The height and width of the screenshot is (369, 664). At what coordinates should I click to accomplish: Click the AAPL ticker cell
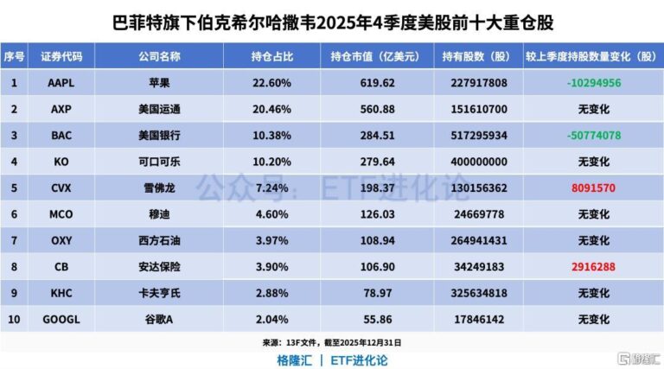(x=61, y=83)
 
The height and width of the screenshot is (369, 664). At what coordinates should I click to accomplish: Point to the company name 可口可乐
(x=159, y=162)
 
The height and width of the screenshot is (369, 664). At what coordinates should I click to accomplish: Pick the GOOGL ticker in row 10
(x=61, y=320)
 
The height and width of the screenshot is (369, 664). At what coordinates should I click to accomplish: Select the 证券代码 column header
(x=61, y=57)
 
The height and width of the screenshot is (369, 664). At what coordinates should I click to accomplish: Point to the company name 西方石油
(x=159, y=241)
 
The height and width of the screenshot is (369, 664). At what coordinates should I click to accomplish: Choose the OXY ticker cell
(x=61, y=241)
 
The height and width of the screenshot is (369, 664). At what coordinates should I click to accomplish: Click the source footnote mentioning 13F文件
(x=331, y=342)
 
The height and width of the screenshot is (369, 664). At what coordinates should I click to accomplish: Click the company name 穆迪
(x=159, y=214)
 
